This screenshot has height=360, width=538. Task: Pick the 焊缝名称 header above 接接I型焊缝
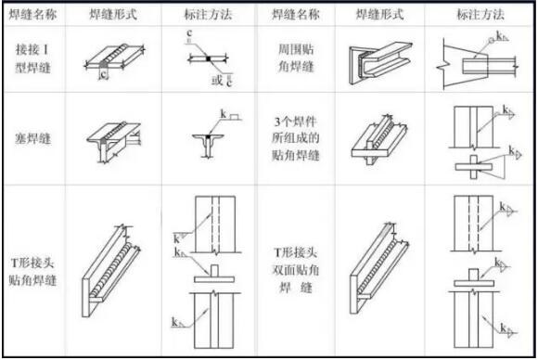[34, 16]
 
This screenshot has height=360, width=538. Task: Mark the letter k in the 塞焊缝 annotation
[224, 115]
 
